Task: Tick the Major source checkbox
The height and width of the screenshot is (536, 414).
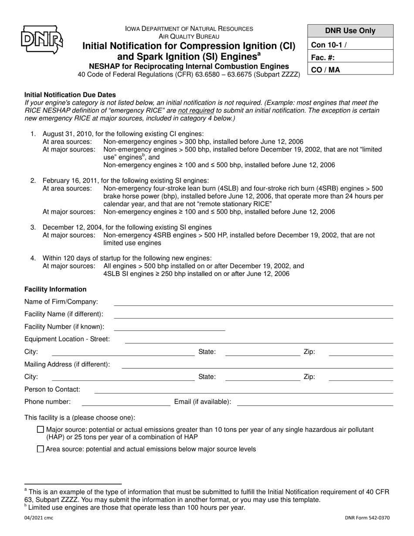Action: (x=41, y=430)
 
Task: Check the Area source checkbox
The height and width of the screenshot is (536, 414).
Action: (x=41, y=449)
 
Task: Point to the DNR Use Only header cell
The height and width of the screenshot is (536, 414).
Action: (x=350, y=31)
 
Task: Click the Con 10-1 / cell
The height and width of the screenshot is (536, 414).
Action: (x=350, y=44)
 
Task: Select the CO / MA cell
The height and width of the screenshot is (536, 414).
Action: (x=350, y=69)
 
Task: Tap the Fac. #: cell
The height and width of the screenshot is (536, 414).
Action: (x=350, y=57)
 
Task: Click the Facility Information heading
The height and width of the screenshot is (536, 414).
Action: (x=55, y=289)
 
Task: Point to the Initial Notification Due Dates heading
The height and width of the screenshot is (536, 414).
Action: (x=70, y=95)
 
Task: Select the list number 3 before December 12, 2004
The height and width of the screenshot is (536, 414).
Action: (x=33, y=227)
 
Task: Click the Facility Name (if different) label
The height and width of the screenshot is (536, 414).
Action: (x=64, y=314)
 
